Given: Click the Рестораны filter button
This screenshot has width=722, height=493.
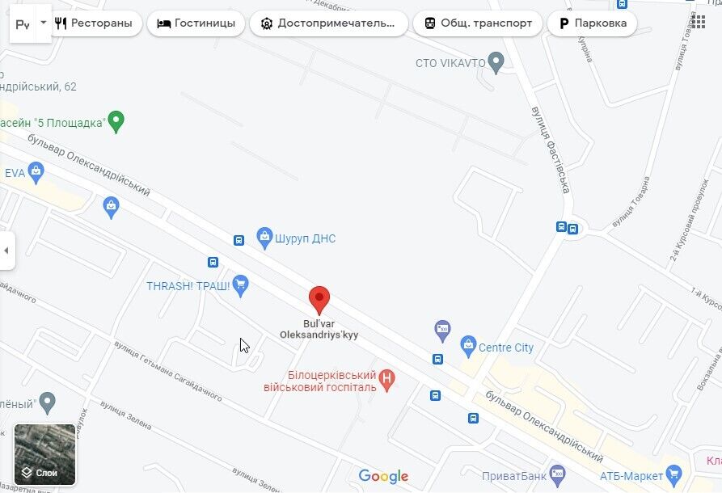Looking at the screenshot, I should click(x=93, y=23).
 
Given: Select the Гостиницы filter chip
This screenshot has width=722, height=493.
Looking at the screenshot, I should click(x=196, y=23).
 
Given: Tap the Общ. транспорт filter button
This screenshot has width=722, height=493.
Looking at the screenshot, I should click(x=476, y=23).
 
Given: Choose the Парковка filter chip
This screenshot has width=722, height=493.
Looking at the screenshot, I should click(x=592, y=23).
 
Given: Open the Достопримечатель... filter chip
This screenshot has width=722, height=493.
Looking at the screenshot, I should click(x=329, y=23).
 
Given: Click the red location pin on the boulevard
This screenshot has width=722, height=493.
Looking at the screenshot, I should click(x=319, y=299).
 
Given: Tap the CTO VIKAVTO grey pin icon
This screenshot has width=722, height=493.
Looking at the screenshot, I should click(x=496, y=62).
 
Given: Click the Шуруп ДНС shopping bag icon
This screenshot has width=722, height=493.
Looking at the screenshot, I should click(x=264, y=238).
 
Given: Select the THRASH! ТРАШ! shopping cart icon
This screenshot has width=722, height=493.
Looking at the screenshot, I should click(x=240, y=285).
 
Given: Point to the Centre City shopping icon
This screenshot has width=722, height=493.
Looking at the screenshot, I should click(x=468, y=347).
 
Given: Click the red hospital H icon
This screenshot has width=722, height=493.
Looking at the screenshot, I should click(x=388, y=378).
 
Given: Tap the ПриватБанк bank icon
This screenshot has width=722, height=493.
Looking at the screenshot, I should click(x=556, y=474).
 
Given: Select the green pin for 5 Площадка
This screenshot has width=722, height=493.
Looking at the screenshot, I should click(x=116, y=122).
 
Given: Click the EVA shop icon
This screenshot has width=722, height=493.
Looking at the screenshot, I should click(x=36, y=171).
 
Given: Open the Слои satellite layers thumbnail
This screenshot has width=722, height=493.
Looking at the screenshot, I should click(x=45, y=454).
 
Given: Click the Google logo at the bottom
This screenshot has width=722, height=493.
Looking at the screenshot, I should click(x=383, y=477).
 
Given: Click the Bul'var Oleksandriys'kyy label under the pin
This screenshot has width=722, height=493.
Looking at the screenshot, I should click(x=319, y=329).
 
